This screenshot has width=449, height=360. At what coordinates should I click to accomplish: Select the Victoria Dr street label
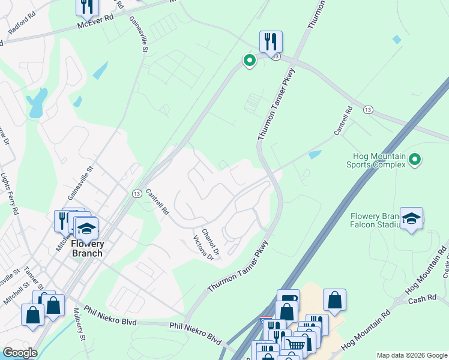[x=203, y=247]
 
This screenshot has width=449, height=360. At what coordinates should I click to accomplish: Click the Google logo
[x=20, y=353]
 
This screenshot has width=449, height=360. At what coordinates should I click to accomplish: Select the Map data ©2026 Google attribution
[x=411, y=355]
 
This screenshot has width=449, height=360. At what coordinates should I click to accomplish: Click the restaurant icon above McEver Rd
[x=88, y=6]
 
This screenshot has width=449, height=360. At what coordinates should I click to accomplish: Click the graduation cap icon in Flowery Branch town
[x=86, y=229]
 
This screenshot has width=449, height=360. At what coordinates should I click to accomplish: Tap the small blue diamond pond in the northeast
[x=396, y=40]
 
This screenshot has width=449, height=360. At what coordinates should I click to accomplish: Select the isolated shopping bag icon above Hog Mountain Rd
[x=334, y=301]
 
